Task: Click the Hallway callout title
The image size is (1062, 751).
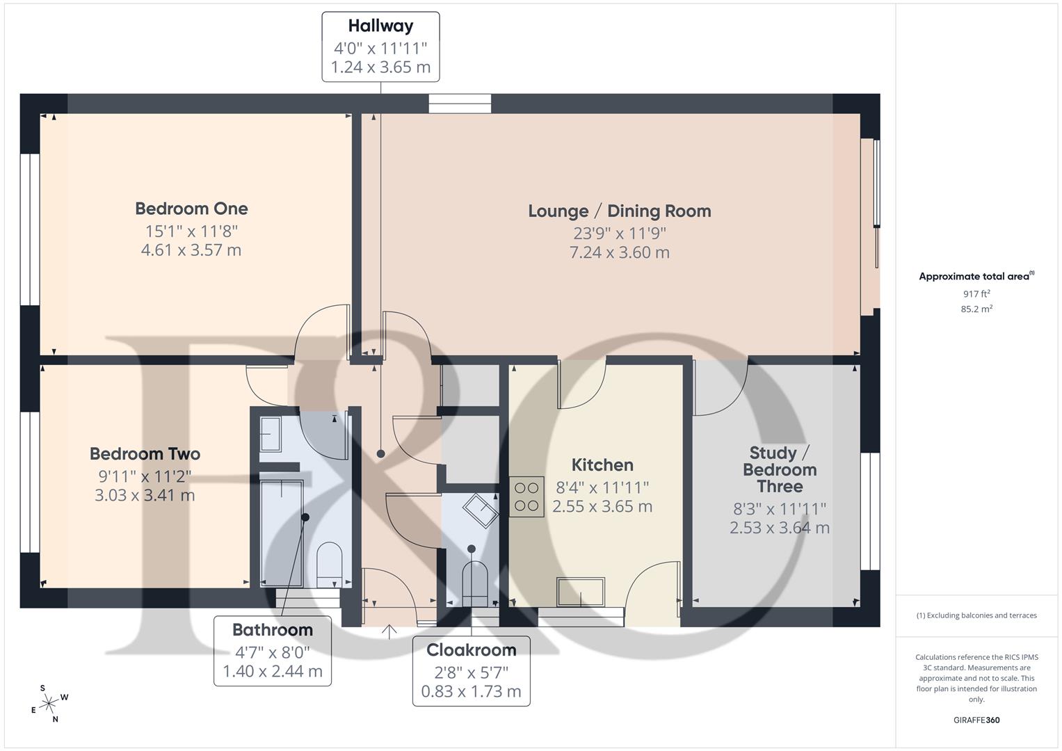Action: pos(380,26)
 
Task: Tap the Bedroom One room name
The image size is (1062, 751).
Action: pos(191,209)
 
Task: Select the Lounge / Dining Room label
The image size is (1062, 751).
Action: pos(619,211)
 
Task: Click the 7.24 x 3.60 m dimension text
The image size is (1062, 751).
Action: pos(619,252)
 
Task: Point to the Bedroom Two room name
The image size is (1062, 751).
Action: pos(145,454)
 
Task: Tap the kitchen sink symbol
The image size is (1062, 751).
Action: pos(581,592)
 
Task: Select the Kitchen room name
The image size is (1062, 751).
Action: pos(602,465)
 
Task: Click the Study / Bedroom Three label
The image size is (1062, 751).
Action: pos(779,470)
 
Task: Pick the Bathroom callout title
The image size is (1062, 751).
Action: pos(272,630)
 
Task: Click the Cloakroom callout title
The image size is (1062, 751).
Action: pos(471,650)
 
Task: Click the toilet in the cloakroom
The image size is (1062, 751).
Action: pos(476,581)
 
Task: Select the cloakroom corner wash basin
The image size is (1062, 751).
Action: pos(481,510)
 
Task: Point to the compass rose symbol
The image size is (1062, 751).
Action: pos(49,704)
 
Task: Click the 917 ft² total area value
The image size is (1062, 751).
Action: pos(976,294)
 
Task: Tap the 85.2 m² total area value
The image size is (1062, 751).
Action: pos(976,309)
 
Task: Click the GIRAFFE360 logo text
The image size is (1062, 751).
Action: pos(976,720)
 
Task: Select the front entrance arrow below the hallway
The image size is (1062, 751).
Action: pos(389,631)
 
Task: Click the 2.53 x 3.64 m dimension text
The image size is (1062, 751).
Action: pos(779,528)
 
